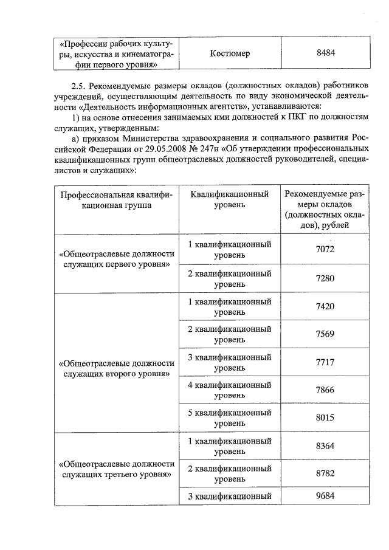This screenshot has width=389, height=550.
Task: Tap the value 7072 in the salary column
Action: [x=325, y=249]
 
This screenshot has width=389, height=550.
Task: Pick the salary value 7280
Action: [x=325, y=278]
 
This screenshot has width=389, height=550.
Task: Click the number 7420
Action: [x=325, y=307]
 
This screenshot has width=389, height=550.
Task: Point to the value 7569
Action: [x=325, y=335]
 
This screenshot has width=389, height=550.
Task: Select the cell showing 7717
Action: [x=325, y=363]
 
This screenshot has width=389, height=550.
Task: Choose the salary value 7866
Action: [x=325, y=390]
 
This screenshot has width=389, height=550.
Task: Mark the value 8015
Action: [x=325, y=418]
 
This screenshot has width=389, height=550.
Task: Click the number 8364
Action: [x=325, y=446]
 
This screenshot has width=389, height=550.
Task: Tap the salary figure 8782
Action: [x=325, y=474]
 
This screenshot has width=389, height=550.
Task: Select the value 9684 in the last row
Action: [x=325, y=497]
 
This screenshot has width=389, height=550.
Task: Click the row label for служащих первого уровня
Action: [x=115, y=260]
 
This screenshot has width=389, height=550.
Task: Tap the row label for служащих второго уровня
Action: [x=115, y=368]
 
